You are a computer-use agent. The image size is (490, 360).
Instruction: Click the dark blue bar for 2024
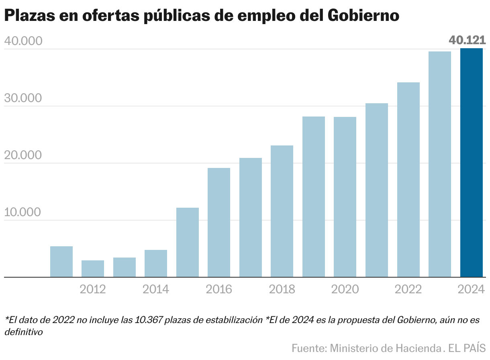(471, 163)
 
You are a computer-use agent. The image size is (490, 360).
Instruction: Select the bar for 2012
(93, 269)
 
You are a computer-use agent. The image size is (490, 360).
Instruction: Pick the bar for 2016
(219, 223)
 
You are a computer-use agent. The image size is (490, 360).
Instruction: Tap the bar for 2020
(345, 197)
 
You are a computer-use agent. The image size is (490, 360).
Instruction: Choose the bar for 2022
(408, 180)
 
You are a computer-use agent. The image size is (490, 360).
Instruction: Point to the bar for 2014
(156, 264)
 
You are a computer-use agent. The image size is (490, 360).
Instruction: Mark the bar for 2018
(282, 211)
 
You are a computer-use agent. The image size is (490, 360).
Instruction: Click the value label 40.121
(467, 40)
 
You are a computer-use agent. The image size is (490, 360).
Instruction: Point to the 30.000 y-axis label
(23, 98)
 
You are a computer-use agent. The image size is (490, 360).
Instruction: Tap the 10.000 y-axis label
(23, 213)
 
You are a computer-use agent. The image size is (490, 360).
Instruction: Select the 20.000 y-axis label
(23, 155)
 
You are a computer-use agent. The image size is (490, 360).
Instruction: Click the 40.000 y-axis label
(23, 41)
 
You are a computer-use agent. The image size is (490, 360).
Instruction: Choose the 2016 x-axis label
(219, 289)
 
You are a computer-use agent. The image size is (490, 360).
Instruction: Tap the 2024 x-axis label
(471, 289)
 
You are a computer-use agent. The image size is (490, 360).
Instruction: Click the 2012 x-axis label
(93, 289)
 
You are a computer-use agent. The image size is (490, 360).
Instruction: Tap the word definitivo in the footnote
(24, 332)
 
